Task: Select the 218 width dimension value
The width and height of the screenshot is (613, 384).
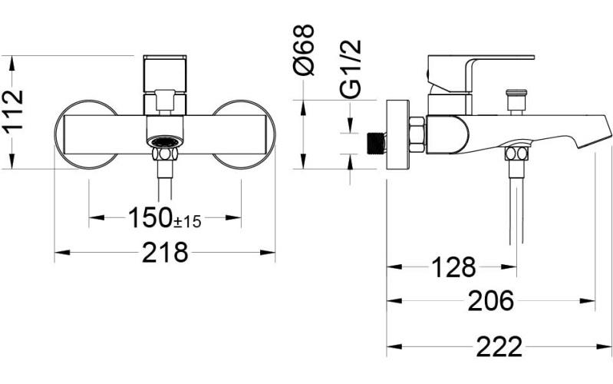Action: coord(165,252)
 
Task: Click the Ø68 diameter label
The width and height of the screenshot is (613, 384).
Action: coord(305,50)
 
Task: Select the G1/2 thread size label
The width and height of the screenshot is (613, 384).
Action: coord(350,70)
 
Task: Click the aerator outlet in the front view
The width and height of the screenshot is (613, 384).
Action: coord(164,142)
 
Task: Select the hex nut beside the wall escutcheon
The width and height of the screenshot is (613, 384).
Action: coord(417,134)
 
